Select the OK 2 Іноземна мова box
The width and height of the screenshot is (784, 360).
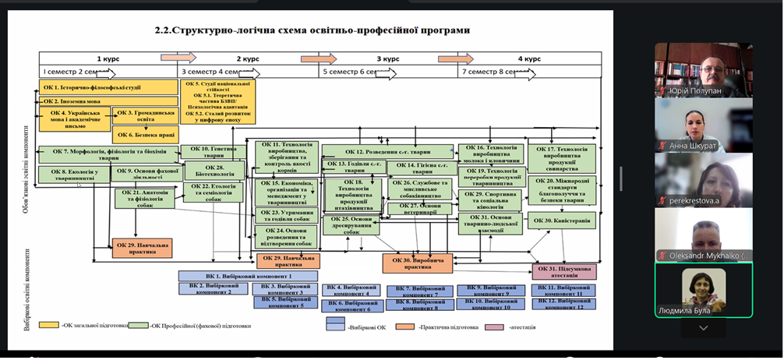coord(72,101)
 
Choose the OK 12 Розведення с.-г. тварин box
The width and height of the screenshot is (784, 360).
coord(387,151)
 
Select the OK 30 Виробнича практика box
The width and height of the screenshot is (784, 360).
coord(417,263)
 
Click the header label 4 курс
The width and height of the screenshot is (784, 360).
coord(529,59)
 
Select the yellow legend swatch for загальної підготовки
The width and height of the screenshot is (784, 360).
coord(50,325)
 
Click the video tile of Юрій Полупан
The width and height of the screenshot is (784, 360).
coord(703,70)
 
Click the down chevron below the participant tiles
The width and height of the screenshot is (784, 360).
coord(703,328)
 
